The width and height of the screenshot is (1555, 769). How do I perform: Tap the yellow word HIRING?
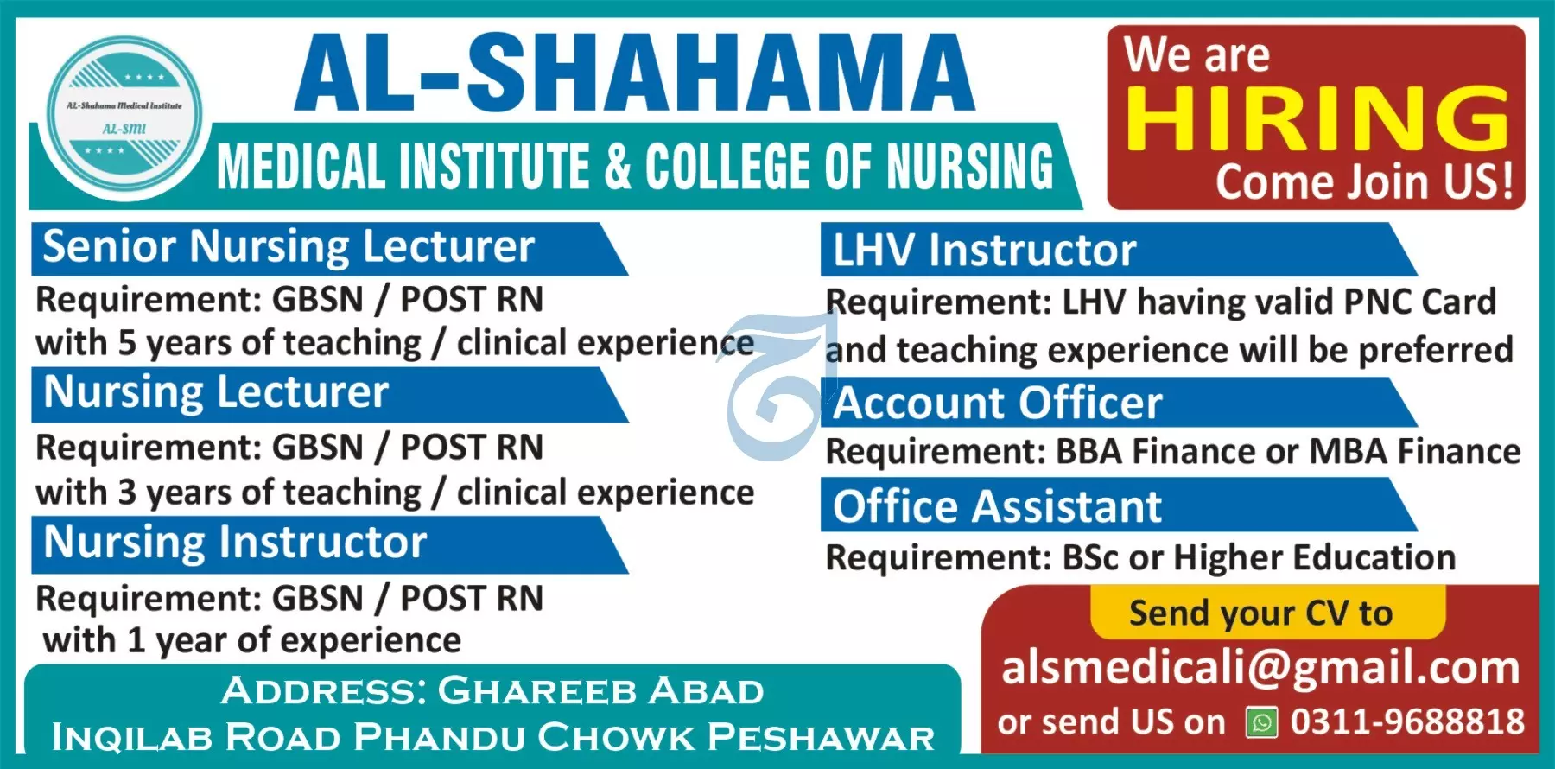1317,118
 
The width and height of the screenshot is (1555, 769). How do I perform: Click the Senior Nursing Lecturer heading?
289,247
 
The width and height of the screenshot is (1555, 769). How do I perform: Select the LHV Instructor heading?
984,251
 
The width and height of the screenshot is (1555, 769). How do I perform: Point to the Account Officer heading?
998,403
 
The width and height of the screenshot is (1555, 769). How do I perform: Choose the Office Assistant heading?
997,506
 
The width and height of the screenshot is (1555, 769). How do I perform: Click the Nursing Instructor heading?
235,543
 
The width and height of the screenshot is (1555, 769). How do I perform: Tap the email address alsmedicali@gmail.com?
1260,668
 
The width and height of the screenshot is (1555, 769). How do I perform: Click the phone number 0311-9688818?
1407,721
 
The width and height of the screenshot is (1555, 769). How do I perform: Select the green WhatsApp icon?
1261,722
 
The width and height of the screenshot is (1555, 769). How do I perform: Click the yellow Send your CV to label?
1260,613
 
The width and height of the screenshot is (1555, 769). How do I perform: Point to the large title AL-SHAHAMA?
634,73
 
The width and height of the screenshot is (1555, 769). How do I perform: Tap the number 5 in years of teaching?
127,343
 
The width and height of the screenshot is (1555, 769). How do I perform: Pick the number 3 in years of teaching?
127,493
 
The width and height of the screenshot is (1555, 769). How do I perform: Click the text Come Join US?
1365,181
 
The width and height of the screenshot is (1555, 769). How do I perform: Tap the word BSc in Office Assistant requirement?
1091,557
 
